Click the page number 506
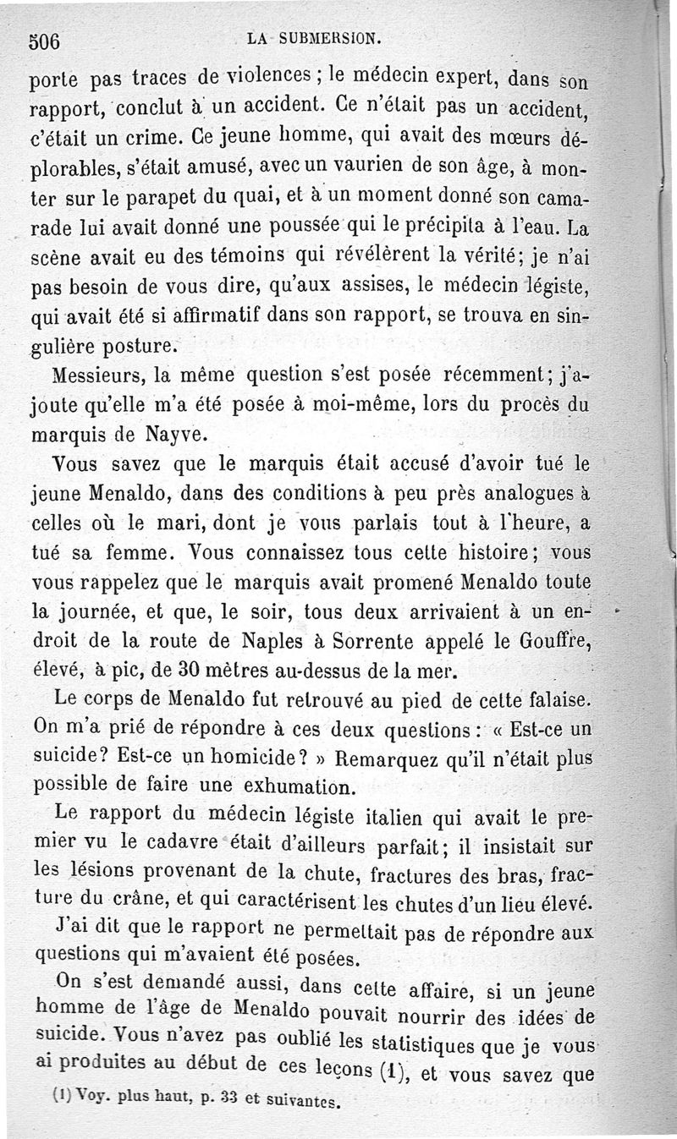tap(48, 41)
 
